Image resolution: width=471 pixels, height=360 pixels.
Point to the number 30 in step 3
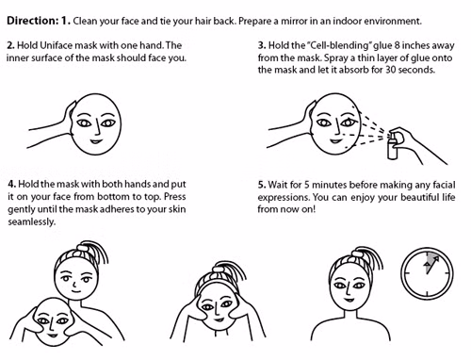pyautogui.click(x=391, y=70)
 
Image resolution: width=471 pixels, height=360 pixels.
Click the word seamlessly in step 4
pyautogui.click(x=32, y=221)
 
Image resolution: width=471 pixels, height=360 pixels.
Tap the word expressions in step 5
pyautogui.click(x=284, y=198)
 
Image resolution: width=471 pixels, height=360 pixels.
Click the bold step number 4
pyautogui.click(x=11, y=184)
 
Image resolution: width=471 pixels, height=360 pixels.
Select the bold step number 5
pyautogui.click(x=262, y=185)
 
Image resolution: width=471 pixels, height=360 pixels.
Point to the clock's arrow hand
pyautogui.click(x=432, y=265)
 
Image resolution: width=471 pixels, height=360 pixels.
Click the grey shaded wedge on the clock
pyautogui.click(x=430, y=263)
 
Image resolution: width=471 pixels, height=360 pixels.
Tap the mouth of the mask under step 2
pyautogui.click(x=96, y=141)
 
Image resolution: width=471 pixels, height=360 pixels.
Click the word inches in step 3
pyautogui.click(x=414, y=45)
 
